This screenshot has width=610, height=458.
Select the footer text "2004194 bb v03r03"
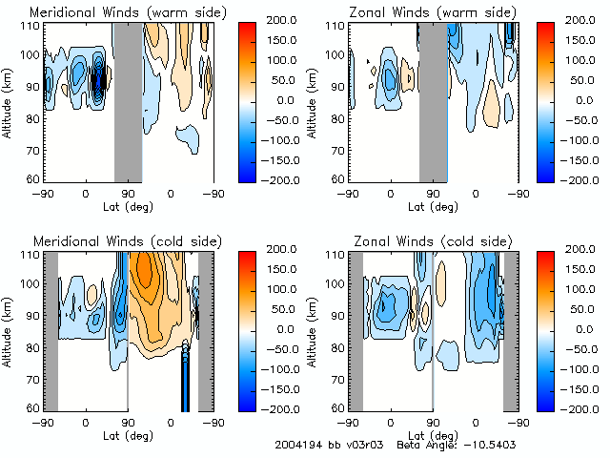[322, 445]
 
